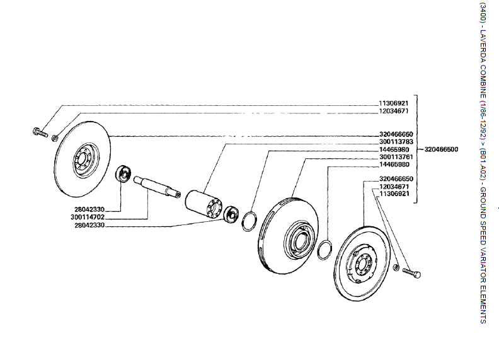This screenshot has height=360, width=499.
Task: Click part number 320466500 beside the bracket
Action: (x=441, y=149)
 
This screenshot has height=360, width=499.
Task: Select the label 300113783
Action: (x=396, y=142)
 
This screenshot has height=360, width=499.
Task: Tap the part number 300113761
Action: (x=396, y=156)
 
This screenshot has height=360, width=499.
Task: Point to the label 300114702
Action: (x=88, y=217)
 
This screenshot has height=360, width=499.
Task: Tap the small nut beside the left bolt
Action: (x=55, y=137)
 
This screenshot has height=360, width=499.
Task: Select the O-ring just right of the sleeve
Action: (x=249, y=220)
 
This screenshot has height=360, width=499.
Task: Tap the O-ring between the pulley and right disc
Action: (x=325, y=248)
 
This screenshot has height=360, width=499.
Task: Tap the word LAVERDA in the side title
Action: (x=483, y=47)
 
